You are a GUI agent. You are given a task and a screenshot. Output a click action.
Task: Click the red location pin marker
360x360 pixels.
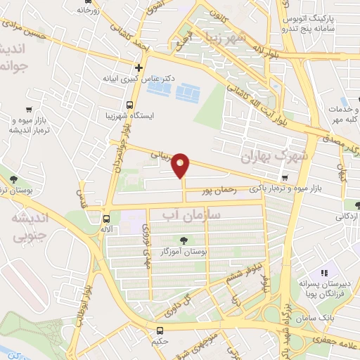click(x=181, y=165)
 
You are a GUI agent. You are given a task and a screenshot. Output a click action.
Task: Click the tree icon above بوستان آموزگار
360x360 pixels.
click(x=184, y=240)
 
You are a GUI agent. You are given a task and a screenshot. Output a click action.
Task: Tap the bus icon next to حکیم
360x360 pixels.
click(x=160, y=330)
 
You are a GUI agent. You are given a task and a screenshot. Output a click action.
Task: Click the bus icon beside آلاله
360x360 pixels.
click(x=105, y=218)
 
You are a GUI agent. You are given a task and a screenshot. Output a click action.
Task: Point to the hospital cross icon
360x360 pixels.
click(x=139, y=68)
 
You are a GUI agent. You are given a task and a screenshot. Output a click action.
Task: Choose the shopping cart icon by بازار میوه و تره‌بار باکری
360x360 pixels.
click(x=284, y=178)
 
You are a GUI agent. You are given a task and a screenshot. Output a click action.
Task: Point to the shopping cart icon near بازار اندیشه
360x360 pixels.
click(x=28, y=109)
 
